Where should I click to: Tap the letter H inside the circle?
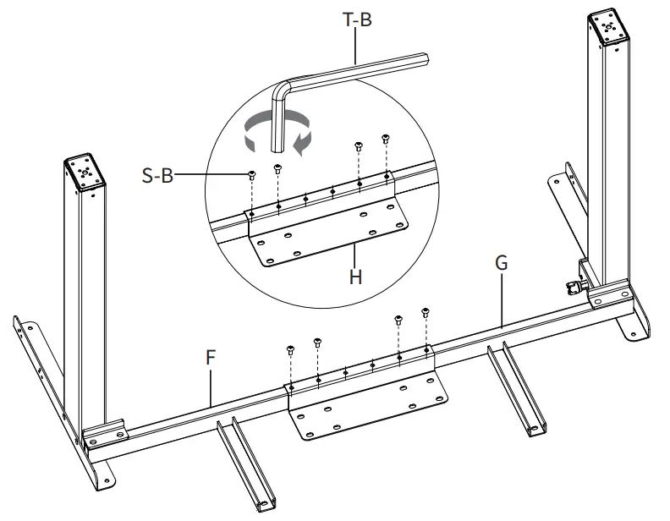coord(355,277)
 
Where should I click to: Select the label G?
coord(501,263)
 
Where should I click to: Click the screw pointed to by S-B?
coord(251,175)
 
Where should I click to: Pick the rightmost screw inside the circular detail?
coord(387,140)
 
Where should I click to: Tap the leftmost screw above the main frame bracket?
coord(290,348)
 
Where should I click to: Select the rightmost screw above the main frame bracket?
coord(426,312)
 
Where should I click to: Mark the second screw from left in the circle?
coord(277,168)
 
